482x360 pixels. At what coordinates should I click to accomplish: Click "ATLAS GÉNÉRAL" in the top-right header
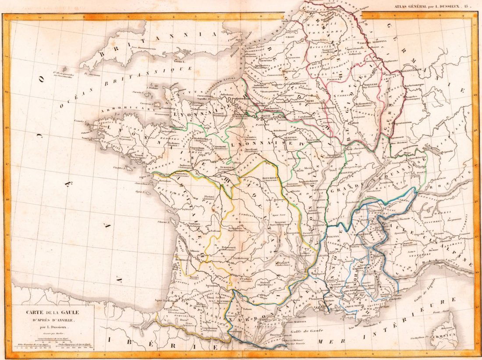(x=412, y=6)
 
